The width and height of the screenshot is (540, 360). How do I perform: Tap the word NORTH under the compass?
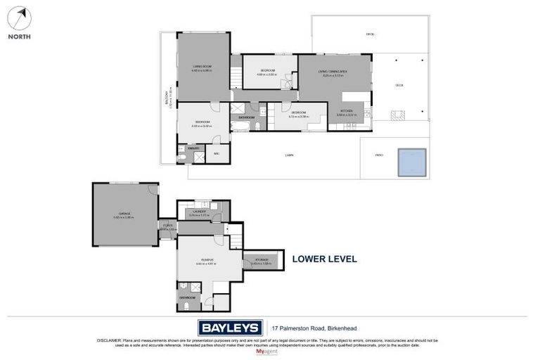coord(20,37)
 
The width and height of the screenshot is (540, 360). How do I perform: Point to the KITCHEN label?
coord(347,111)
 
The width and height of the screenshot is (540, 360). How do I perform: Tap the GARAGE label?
coord(124,213)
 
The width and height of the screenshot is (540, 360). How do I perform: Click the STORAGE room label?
coord(262,260)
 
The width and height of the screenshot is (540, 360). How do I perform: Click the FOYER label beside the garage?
coord(167,226)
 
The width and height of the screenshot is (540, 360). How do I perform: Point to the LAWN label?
coord(289,155)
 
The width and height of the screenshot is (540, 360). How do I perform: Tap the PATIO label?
coord(379,155)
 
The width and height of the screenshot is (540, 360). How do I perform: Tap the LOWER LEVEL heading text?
coord(326,259)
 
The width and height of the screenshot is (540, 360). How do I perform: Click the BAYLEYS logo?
coord(229,328)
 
